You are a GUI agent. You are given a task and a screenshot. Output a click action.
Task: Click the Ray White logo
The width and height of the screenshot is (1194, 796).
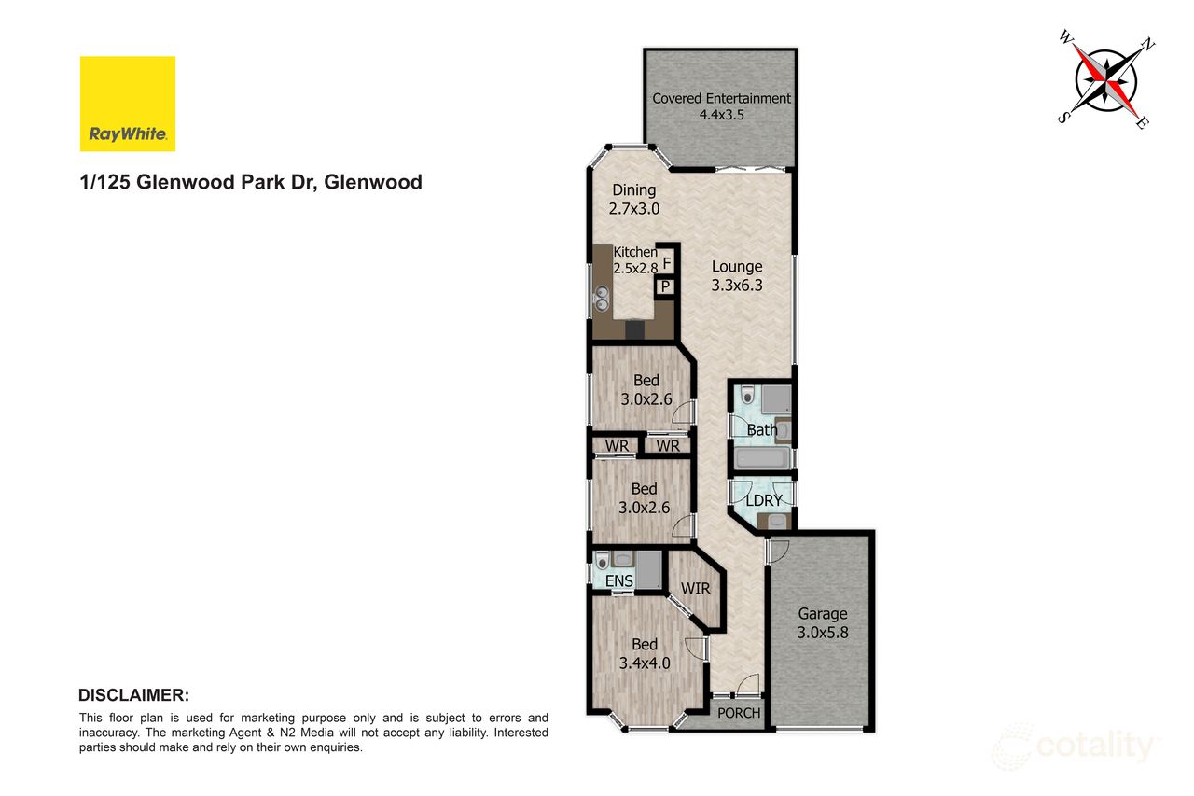(x=128, y=104)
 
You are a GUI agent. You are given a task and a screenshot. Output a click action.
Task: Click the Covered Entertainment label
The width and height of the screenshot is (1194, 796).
(x=721, y=106)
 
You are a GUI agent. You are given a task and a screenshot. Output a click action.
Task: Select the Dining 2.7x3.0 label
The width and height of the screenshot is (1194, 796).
(x=633, y=200)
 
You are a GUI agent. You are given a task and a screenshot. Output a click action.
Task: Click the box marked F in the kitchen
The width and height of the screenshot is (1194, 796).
(x=667, y=263)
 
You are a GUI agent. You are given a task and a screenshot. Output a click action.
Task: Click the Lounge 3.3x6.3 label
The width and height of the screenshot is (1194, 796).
(x=737, y=276)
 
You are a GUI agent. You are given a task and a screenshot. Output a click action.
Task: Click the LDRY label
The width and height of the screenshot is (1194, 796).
(x=764, y=500)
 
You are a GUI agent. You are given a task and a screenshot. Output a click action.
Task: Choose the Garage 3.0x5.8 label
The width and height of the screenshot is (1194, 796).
(x=822, y=622)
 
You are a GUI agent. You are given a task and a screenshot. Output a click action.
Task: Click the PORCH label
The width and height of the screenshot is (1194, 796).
(x=738, y=713)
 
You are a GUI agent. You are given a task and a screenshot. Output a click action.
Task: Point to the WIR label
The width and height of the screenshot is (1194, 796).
(x=696, y=589)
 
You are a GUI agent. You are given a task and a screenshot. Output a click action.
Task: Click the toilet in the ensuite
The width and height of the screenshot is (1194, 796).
(x=602, y=561)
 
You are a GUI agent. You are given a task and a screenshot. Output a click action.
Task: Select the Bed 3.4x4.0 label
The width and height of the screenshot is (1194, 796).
(x=645, y=653)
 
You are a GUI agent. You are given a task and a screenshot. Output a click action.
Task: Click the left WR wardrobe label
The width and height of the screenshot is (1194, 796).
(x=617, y=446)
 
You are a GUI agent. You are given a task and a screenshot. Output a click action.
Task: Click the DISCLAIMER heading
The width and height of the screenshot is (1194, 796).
(x=133, y=695)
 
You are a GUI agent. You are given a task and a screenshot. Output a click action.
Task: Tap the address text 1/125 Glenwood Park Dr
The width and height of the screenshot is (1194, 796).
(x=251, y=182)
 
